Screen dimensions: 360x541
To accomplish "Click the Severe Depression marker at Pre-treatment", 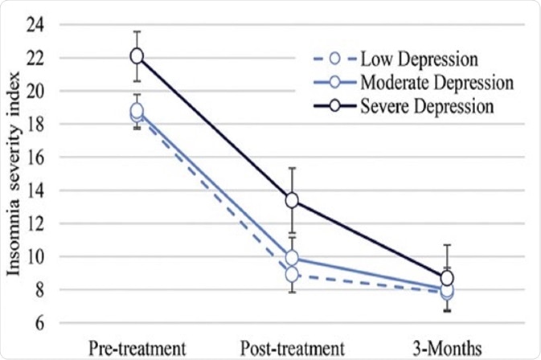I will coord(137,55).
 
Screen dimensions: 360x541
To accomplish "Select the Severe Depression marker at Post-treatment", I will coord(292,199).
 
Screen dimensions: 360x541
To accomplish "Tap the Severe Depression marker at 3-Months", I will coord(447,278).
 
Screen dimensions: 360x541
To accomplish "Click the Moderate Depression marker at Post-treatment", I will coord(292,258).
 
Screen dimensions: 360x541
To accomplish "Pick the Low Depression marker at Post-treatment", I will coord(292,275).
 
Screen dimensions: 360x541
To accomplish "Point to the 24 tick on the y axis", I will coord(39,25).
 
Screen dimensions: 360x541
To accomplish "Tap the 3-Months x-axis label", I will coord(447,347).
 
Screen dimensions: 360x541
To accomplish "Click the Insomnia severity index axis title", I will coord(14,175).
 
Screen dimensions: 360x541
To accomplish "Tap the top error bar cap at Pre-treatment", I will coord(137,31).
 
